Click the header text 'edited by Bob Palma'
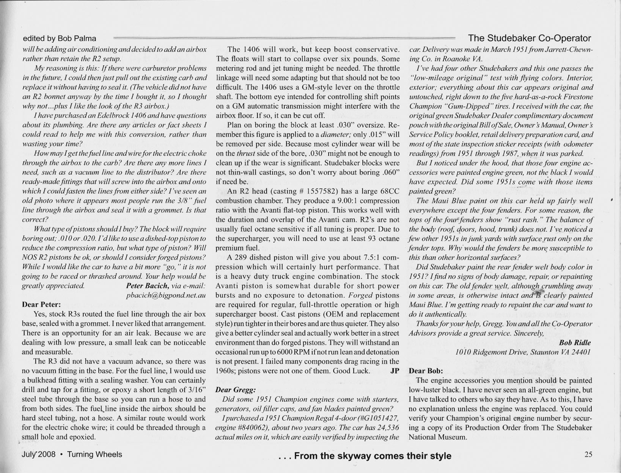click(x=60, y=39)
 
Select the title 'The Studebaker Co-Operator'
click(x=529, y=38)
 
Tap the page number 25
click(x=588, y=454)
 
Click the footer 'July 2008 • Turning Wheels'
click(x=72, y=454)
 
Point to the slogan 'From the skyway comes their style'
click(x=373, y=456)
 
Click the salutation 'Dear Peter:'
click(x=41, y=304)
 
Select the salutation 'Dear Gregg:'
click(x=235, y=390)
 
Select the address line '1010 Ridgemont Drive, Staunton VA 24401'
click(x=523, y=352)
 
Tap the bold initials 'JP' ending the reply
click(x=395, y=371)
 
